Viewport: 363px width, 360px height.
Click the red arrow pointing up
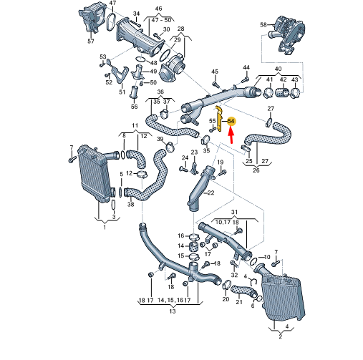(231, 136)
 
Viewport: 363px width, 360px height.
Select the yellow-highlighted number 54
(231, 122)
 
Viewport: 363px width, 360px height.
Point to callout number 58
(263, 25)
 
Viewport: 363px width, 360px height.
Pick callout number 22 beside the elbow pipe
(210, 193)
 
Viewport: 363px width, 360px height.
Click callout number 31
(233, 213)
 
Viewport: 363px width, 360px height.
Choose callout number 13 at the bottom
(172, 311)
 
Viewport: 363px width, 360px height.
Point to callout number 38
(130, 204)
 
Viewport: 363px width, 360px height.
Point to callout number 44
(246, 67)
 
